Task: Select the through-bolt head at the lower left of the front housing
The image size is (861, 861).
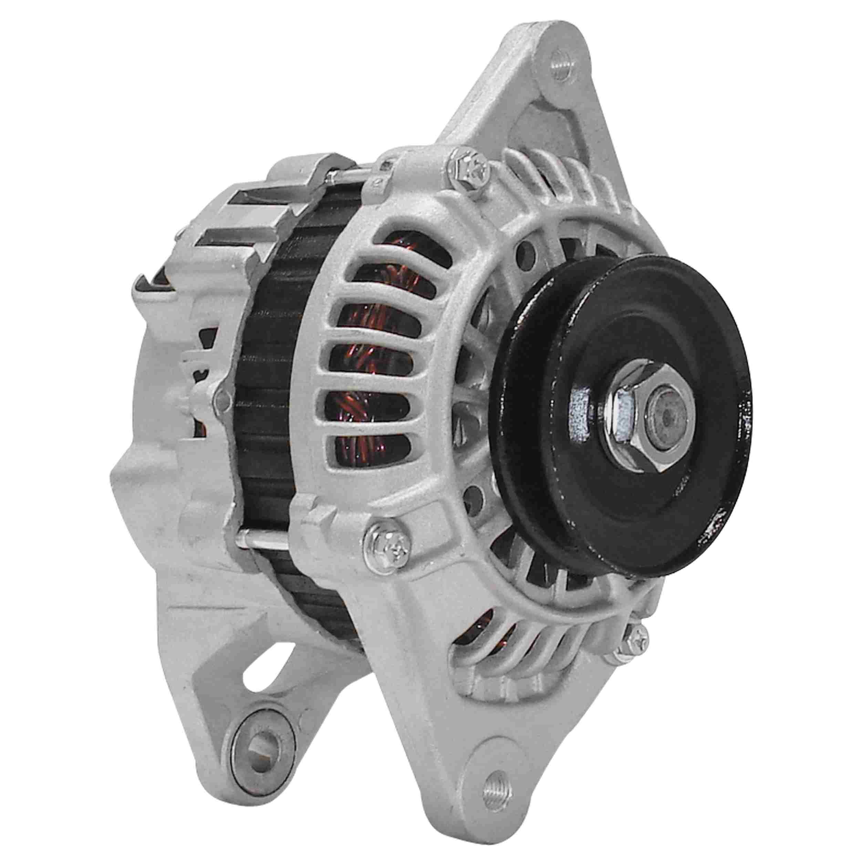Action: [x=388, y=550]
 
